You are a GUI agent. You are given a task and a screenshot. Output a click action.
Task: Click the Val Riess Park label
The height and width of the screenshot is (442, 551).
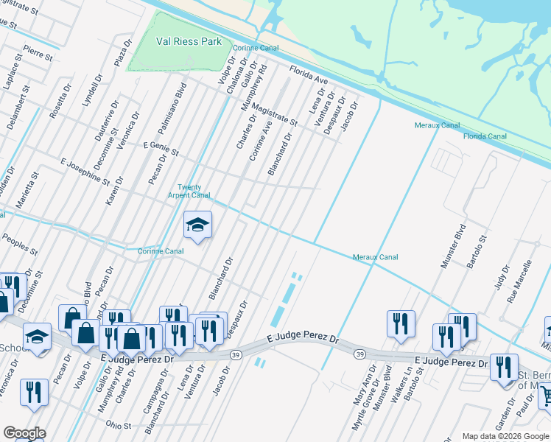click(189, 42)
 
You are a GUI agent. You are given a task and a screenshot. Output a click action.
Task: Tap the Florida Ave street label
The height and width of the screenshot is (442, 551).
click(308, 74)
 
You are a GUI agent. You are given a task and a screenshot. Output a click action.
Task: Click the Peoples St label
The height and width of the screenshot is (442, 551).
click(20, 244)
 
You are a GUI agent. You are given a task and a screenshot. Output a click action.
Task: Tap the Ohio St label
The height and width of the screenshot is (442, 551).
click(118, 425)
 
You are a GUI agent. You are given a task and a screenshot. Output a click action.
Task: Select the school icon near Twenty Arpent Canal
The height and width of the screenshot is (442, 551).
click(197, 224)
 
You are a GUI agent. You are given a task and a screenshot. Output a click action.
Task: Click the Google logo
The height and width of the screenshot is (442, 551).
click(24, 433)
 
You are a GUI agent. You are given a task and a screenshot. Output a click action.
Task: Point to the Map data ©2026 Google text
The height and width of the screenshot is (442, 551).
click(505, 436)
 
